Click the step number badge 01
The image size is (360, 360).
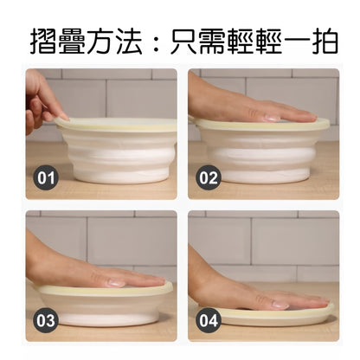(47, 179)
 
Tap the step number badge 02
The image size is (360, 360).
(209, 179)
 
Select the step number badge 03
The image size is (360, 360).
(47, 320)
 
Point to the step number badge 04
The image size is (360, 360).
(209, 320)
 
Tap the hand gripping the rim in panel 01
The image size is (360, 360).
(43, 100)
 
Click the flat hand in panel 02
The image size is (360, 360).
(251, 108)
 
